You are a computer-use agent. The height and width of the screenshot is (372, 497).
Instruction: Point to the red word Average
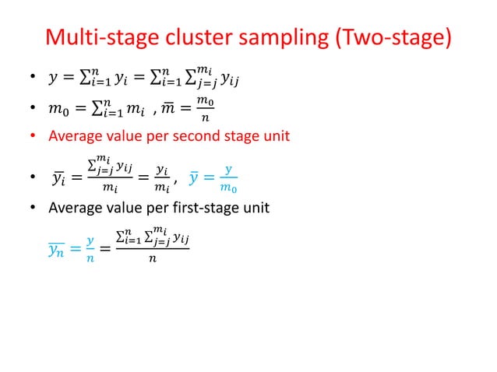pyautogui.click(x=76, y=136)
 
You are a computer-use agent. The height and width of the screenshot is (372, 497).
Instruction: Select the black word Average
pyautogui.click(x=76, y=208)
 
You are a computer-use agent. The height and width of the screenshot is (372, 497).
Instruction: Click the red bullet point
pyautogui.click(x=33, y=137)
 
